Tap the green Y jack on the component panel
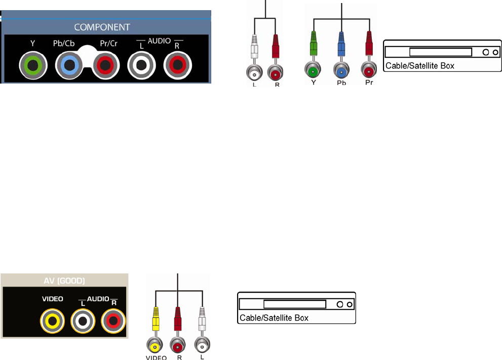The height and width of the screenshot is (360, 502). click(33, 65)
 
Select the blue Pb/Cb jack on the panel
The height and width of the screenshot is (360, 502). click(69, 65)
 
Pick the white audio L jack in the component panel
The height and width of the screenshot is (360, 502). click(141, 65)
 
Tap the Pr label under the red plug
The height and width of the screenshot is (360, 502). click(369, 82)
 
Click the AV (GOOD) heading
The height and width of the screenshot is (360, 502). click(64, 281)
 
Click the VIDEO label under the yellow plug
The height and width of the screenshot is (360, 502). click(157, 357)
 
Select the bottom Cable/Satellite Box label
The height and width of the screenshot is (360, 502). click(274, 318)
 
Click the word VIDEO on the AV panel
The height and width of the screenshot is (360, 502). click(52, 299)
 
